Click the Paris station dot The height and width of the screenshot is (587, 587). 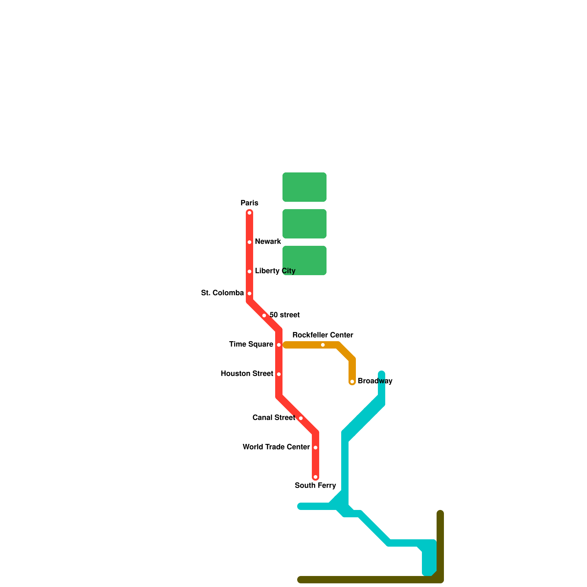pyautogui.click(x=249, y=213)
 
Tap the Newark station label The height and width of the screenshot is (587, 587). pyautogui.click(x=268, y=241)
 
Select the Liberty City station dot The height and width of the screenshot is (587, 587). pyautogui.click(x=249, y=271)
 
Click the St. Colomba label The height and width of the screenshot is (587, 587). pyautogui.click(x=222, y=293)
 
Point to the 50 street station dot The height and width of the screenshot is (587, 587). pyautogui.click(x=264, y=316)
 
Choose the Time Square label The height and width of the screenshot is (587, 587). pyautogui.click(x=251, y=344)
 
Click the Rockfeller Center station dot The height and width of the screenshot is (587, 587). pyautogui.click(x=323, y=345)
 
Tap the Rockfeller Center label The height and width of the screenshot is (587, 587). pyautogui.click(x=322, y=335)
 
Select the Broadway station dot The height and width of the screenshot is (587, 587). pyautogui.click(x=352, y=382)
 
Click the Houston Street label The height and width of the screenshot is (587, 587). pyautogui.click(x=247, y=373)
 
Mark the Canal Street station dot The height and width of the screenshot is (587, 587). pyautogui.click(x=301, y=418)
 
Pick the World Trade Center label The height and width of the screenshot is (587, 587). pyautogui.click(x=276, y=447)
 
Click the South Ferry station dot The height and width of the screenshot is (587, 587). pyautogui.click(x=316, y=477)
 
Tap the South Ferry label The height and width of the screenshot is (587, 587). pyautogui.click(x=315, y=485)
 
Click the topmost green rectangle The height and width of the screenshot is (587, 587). pyautogui.click(x=305, y=187)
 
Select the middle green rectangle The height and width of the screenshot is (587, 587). pyautogui.click(x=305, y=224)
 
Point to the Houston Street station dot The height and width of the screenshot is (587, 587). pyautogui.click(x=279, y=374)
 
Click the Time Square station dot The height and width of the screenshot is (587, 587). pyautogui.click(x=279, y=345)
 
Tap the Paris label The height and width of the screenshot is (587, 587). pyautogui.click(x=249, y=203)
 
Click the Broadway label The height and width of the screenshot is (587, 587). pyautogui.click(x=375, y=381)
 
